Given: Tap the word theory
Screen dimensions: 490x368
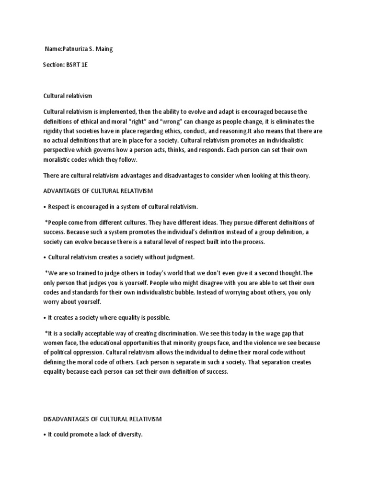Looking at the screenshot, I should coord(299,176).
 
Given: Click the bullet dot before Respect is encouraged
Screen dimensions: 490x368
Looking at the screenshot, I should coord(45,207).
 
